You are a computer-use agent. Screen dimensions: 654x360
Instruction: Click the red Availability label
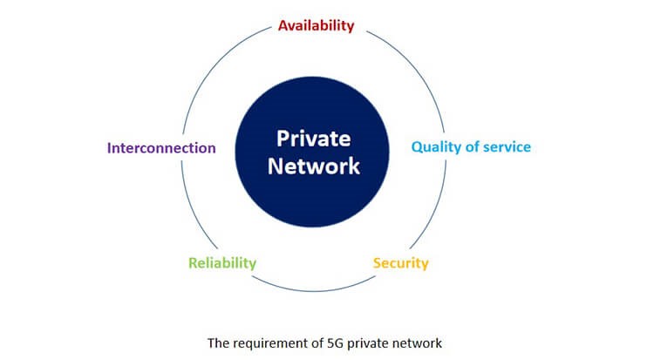317,25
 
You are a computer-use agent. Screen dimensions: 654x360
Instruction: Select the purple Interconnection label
161,147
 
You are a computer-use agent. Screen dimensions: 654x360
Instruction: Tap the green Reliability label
222,263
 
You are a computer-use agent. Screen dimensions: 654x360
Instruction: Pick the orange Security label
400,263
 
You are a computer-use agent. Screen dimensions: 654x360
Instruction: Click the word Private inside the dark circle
314,139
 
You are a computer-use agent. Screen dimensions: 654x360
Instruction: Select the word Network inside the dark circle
314,166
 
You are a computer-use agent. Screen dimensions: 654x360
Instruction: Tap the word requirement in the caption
270,343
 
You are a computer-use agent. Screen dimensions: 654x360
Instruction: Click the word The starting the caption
218,343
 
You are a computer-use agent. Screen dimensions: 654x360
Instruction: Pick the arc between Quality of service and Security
434,208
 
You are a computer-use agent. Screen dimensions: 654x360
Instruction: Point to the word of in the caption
317,343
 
